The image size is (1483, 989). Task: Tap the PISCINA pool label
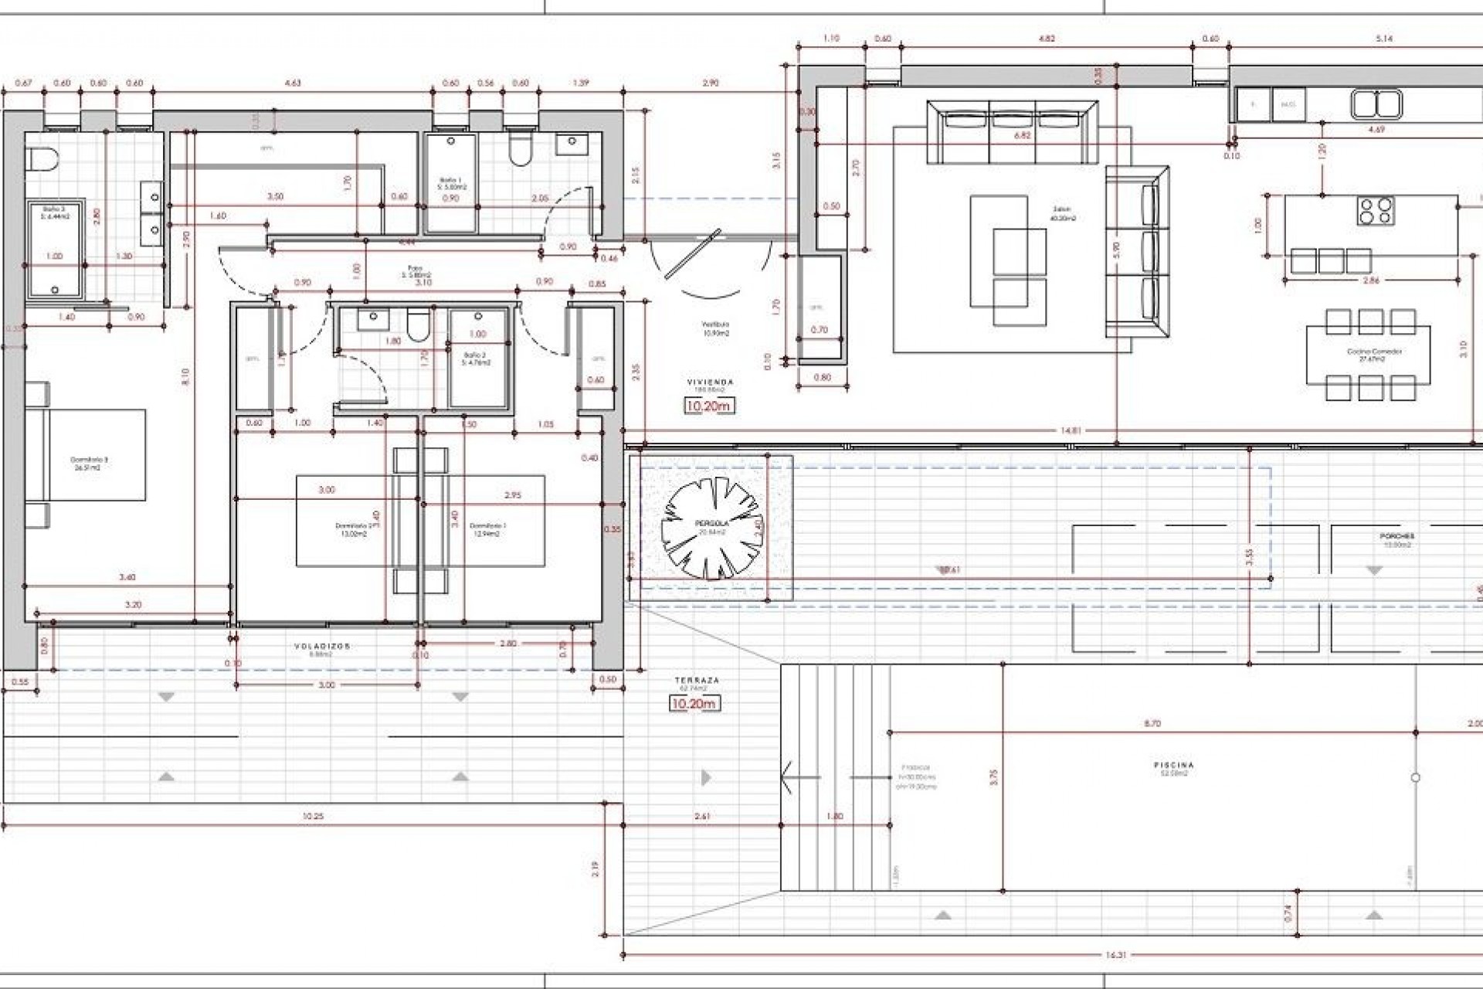tap(1173, 766)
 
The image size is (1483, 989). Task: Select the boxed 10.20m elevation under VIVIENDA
tap(708, 405)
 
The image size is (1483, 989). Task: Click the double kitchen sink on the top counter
tap(1375, 104)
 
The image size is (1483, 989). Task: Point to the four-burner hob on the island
tap(1376, 210)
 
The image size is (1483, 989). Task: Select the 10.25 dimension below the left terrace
tap(312, 816)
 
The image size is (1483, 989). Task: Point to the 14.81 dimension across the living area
tap(1067, 431)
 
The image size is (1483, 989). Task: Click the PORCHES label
tap(1396, 536)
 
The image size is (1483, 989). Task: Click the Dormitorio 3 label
tap(89, 460)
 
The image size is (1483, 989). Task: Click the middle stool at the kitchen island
tap(1330, 260)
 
